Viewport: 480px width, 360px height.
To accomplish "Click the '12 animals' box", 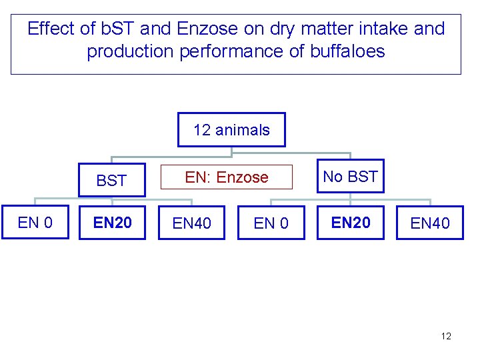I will point(231,129).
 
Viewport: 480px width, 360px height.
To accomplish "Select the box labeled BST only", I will point(111,180).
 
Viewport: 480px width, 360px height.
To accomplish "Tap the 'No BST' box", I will point(350,177).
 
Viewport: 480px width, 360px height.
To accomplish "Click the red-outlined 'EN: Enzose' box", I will point(227,177).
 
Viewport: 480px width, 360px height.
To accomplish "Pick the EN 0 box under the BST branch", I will point(35,223).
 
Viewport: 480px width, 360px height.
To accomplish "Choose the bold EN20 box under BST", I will point(112,223).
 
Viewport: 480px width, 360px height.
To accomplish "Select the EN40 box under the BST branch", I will point(191,223).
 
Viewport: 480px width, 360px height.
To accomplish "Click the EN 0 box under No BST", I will point(271,223).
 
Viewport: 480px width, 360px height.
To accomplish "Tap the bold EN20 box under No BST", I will point(351,223).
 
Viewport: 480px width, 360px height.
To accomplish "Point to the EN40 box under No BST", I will point(430,223).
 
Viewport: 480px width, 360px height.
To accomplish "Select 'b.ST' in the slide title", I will point(116,29).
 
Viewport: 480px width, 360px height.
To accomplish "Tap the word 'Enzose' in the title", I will point(208,29).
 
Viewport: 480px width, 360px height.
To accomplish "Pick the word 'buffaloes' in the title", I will point(347,51).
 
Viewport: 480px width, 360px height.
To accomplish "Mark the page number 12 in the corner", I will point(446,336).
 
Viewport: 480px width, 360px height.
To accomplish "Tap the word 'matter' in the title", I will point(319,29).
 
